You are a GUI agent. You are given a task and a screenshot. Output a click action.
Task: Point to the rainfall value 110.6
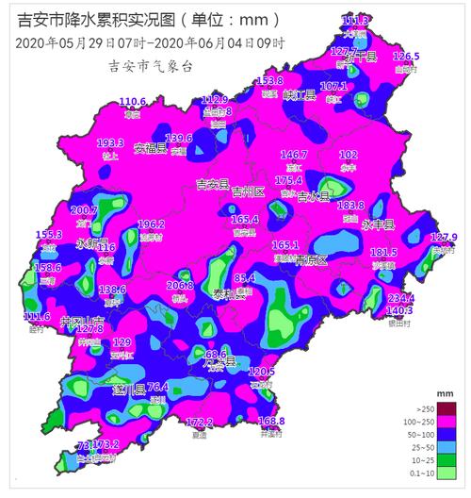tap(132, 101)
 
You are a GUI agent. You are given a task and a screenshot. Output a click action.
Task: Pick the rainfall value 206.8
tap(180, 285)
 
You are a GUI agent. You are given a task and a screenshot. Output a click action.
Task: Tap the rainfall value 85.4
tap(245, 278)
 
